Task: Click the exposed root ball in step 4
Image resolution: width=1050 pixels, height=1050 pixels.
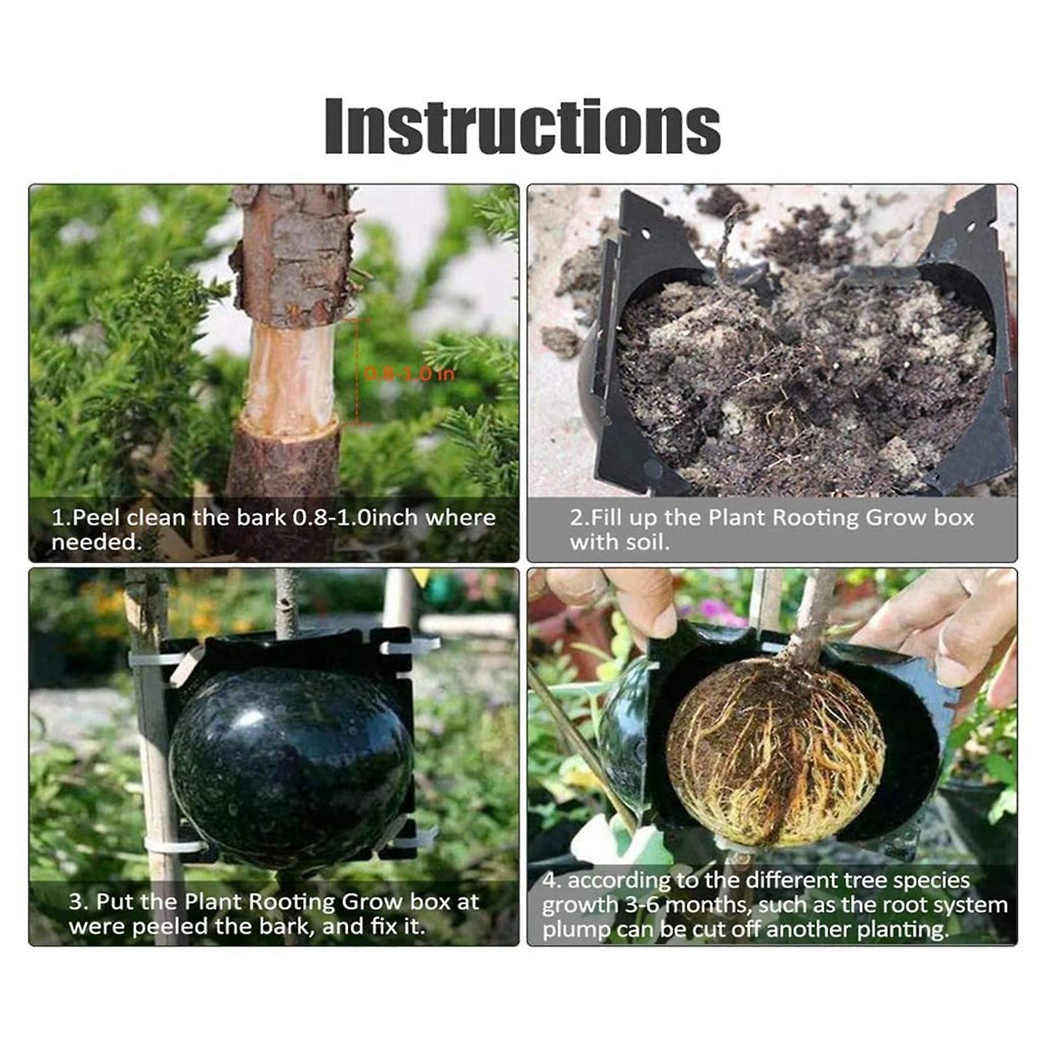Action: pos(775,752)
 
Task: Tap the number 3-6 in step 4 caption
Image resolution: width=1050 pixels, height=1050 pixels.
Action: pos(639,905)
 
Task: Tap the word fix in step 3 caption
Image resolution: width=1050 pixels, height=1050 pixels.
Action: pos(379,926)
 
